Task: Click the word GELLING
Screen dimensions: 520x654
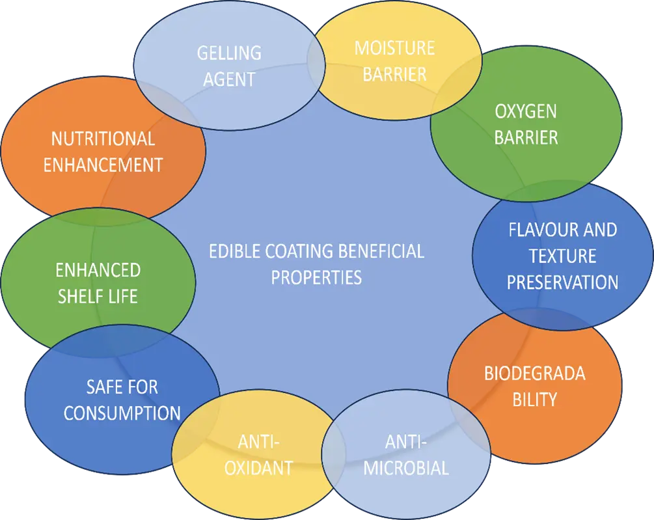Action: [229, 53]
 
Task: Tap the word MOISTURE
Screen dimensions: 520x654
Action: [394, 48]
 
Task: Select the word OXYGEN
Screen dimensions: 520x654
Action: [526, 111]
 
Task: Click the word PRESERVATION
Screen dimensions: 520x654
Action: [562, 282]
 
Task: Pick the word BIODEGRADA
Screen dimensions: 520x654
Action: [534, 374]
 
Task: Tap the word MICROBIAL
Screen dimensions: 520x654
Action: [406, 468]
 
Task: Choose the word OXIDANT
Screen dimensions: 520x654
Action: [258, 468]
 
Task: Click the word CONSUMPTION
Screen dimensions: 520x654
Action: [122, 413]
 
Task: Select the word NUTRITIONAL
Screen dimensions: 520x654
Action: [103, 139]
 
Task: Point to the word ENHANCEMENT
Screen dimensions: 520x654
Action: [103, 165]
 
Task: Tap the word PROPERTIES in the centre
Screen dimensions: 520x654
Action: [316, 277]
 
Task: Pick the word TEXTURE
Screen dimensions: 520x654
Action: [562, 256]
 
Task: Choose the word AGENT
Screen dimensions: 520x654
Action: [229, 79]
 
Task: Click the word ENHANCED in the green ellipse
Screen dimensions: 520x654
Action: [98, 270]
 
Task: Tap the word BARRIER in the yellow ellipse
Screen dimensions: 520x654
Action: [394, 74]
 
